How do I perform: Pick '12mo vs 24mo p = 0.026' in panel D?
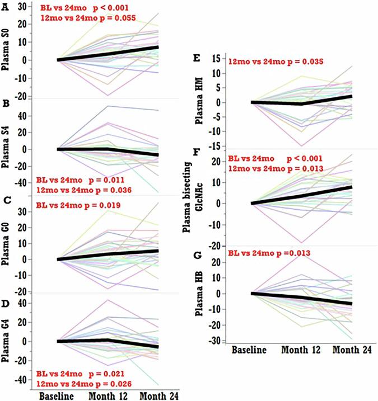pyautogui.click(x=84, y=384)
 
